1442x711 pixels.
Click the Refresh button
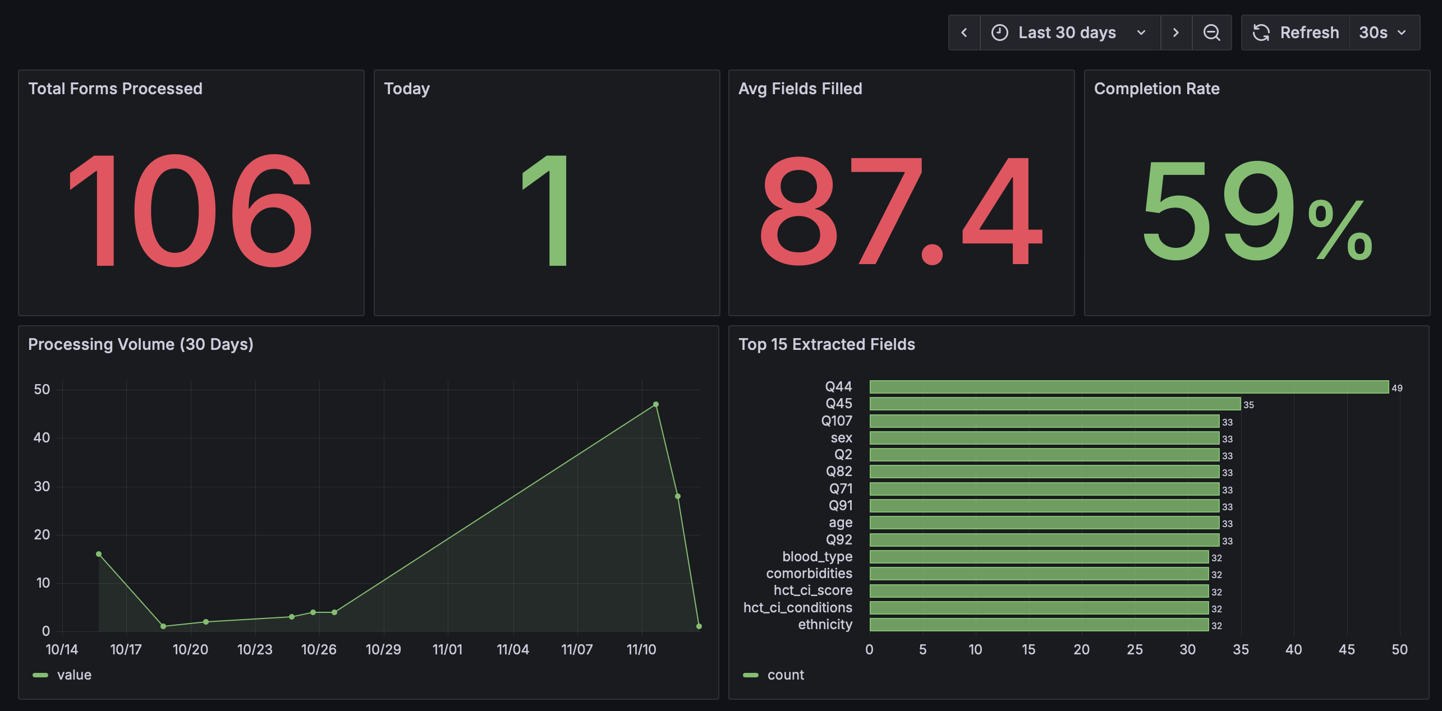[x=1296, y=33]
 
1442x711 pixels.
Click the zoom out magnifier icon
[x=1211, y=33]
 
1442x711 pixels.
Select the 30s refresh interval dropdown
[x=1383, y=33]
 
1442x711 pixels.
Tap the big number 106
[x=191, y=210]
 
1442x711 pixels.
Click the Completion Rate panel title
[x=1156, y=89]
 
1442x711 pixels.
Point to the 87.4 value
[x=901, y=210]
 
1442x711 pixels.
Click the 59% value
[x=1257, y=210]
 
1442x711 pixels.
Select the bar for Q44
[x=1128, y=387]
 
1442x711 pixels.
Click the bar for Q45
[x=1055, y=404]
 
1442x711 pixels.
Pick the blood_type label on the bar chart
[x=817, y=557]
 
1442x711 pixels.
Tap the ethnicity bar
[x=1038, y=625]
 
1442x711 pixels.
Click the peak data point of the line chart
[x=655, y=404]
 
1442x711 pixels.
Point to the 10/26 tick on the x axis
[x=319, y=649]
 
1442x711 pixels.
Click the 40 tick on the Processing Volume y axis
[x=42, y=438]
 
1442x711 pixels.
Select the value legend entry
[x=73, y=675]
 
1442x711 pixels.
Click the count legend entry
[x=784, y=675]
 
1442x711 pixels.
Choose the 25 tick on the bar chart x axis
[x=1134, y=649]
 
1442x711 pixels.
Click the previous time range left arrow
[x=964, y=33]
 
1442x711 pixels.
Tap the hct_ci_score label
[x=812, y=590]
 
